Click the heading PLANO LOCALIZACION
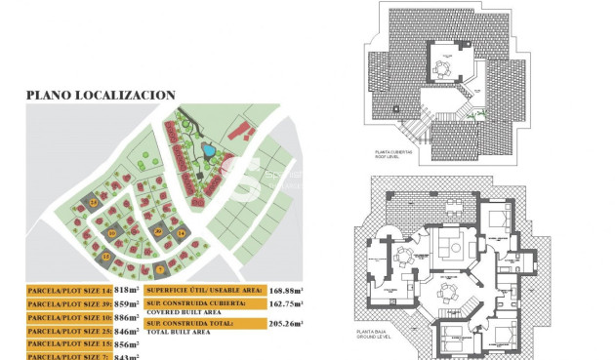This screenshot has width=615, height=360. coord(100,96)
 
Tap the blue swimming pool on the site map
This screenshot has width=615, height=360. coord(209,151)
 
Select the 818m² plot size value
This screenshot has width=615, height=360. coord(127,291)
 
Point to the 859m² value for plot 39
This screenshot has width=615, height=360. coord(127,304)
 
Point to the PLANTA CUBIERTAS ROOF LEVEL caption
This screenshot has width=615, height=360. coord(394,155)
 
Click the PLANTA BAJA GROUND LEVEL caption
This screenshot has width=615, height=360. coord(393,335)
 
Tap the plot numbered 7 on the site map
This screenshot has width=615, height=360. coord(160,268)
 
